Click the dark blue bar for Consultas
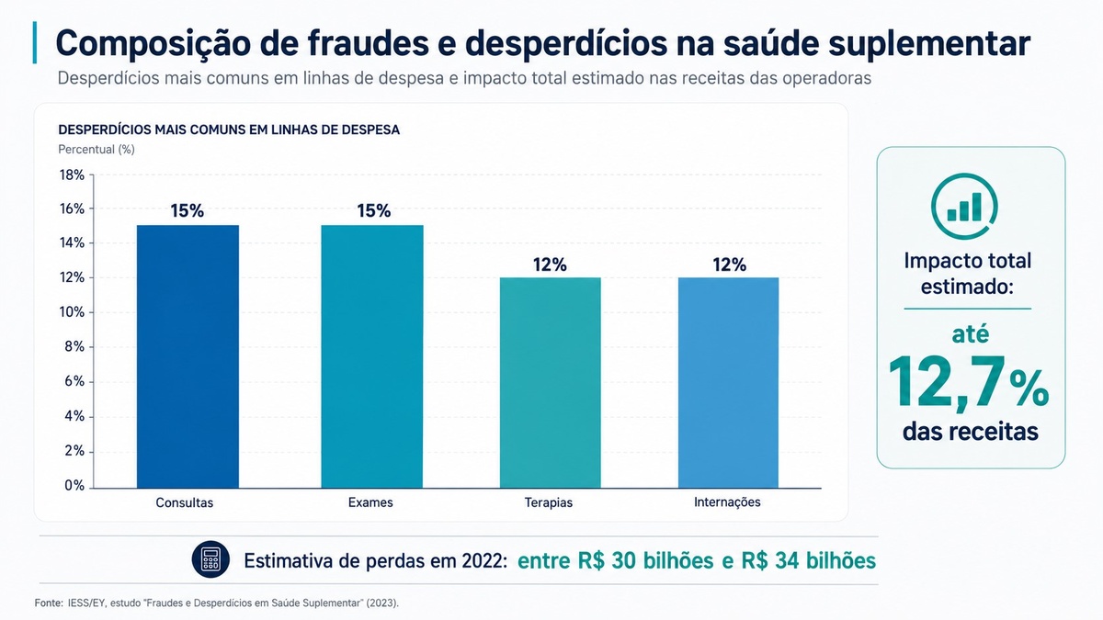[x=188, y=356]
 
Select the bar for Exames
[x=371, y=356]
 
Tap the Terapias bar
[x=550, y=382]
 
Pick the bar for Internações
[x=728, y=382]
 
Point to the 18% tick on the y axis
[x=72, y=175]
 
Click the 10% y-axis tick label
[x=72, y=312]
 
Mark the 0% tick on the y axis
[x=74, y=486]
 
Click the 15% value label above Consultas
[x=188, y=210]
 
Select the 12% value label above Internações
[x=729, y=265]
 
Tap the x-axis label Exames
[x=370, y=502]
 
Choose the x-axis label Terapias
[x=549, y=502]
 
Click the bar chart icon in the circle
[x=964, y=207]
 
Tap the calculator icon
[x=210, y=559]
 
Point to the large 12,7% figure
[x=969, y=382]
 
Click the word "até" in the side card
[x=970, y=334]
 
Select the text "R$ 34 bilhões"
[x=808, y=560]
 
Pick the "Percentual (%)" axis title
[x=97, y=149]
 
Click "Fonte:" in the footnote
[x=49, y=603]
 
